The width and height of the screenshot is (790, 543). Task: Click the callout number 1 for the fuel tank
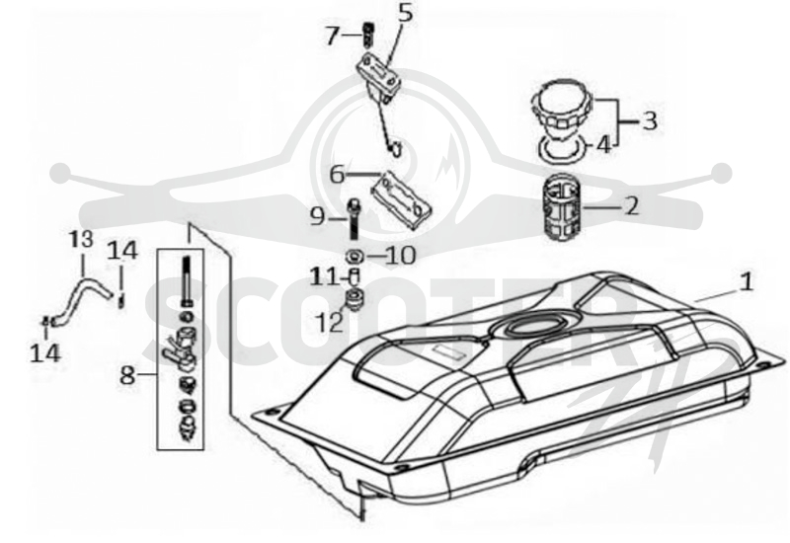(747, 282)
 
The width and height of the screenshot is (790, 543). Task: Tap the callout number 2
(631, 205)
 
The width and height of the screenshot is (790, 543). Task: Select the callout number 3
(650, 120)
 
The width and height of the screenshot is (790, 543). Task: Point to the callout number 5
(405, 13)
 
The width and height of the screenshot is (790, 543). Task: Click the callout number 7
(332, 36)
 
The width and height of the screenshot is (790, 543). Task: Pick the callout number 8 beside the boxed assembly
(127, 375)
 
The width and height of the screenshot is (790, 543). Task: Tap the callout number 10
(401, 256)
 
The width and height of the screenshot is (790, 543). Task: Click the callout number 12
(330, 323)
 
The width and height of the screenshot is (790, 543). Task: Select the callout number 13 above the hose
(81, 240)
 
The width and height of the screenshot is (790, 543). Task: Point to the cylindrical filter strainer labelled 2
(562, 206)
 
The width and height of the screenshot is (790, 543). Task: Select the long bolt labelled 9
(355, 219)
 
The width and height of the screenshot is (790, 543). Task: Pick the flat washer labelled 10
(355, 257)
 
